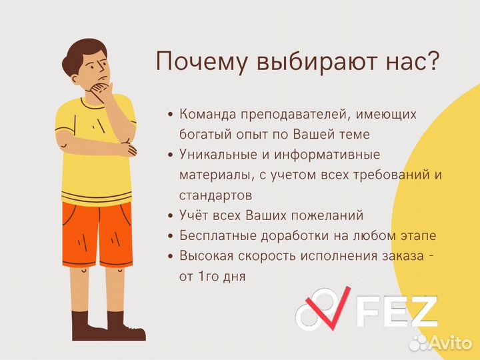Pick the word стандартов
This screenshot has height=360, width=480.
tap(215, 195)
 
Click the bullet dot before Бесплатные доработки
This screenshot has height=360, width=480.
tap(171, 236)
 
